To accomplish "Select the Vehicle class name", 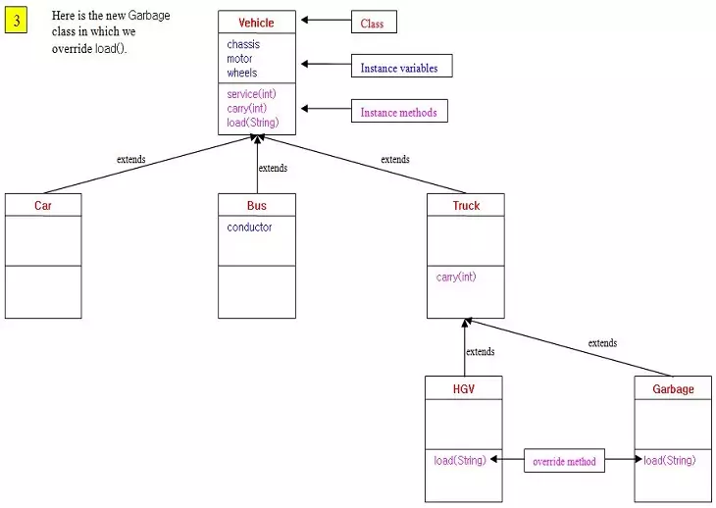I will click(x=256, y=23).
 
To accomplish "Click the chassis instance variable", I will click(x=243, y=45).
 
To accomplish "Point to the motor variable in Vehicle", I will click(x=239, y=59).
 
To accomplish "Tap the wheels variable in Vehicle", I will click(x=242, y=73).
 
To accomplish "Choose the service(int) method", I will click(x=251, y=94).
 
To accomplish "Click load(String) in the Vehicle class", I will click(x=252, y=123).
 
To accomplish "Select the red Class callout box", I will click(x=374, y=24).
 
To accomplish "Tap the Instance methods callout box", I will click(x=399, y=113).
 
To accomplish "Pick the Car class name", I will click(x=43, y=206).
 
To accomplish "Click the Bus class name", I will click(x=256, y=206).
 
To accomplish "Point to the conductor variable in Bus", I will click(x=249, y=228).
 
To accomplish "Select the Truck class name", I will click(x=466, y=206).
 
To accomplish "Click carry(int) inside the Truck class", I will click(x=456, y=278).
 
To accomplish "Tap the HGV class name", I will click(x=464, y=389).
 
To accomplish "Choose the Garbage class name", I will click(x=673, y=389).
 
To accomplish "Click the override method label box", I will click(x=564, y=461).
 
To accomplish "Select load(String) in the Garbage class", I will click(x=669, y=461).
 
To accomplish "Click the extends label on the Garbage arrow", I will click(x=602, y=343).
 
